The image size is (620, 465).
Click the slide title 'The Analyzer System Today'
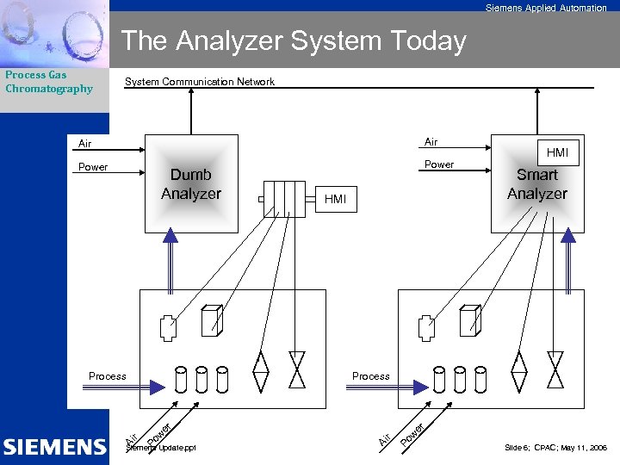(294, 40)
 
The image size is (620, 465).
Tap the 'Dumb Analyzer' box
(191, 183)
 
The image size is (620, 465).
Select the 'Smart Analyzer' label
(537, 184)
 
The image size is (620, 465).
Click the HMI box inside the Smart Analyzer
(557, 152)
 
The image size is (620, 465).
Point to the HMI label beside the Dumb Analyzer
(335, 200)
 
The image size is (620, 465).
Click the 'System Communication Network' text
(200, 82)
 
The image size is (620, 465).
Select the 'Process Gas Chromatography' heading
(49, 82)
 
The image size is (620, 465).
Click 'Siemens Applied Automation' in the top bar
(546, 8)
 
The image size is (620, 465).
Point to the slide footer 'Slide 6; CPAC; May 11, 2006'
(555, 448)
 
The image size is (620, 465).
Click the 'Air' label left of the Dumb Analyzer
(85, 144)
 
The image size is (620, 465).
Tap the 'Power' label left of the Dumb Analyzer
(93, 167)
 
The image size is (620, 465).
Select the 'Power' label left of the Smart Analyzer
(439, 164)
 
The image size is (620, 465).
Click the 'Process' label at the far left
(107, 376)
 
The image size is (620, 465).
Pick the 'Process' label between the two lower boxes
(370, 376)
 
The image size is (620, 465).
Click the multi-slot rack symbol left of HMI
(284, 199)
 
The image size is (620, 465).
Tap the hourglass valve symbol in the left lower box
(297, 371)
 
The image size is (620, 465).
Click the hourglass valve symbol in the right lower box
(555, 371)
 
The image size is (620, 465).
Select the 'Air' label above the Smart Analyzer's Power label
(431, 142)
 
